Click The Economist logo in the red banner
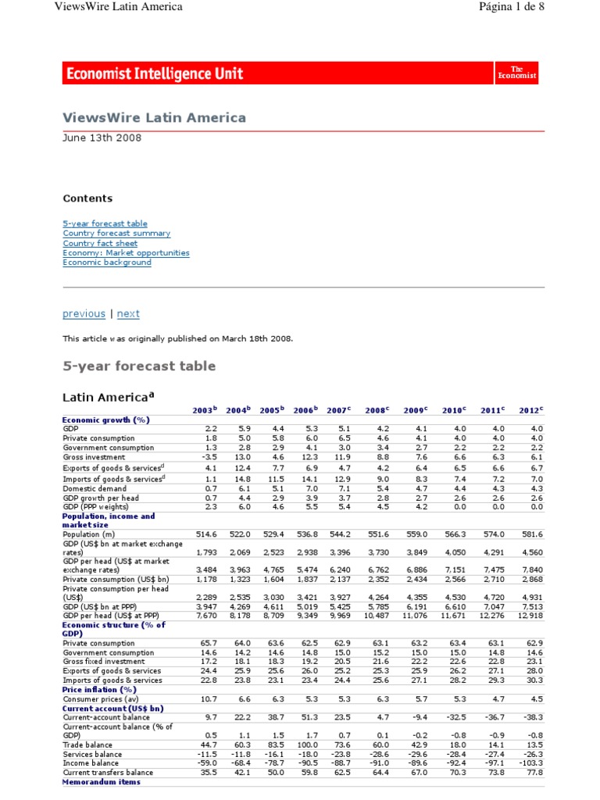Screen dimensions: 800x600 pos(517,73)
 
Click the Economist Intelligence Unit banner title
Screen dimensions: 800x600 pos(155,73)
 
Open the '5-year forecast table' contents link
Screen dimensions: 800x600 pos(105,223)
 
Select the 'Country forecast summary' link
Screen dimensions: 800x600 pos(116,234)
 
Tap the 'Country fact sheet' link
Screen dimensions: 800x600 pos(100,243)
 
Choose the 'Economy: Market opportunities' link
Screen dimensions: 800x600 pos(126,253)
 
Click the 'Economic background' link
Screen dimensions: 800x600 pos(107,262)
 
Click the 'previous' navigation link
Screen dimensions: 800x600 pos(84,313)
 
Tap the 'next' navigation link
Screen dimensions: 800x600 pos(128,313)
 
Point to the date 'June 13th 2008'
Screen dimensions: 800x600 pos(102,137)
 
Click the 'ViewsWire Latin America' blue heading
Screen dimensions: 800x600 pos(154,118)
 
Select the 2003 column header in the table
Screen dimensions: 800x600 pos(205,409)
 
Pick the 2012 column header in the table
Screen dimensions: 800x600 pos(530,409)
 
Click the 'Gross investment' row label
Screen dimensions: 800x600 pos(91,458)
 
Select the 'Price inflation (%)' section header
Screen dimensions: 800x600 pos(99,690)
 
